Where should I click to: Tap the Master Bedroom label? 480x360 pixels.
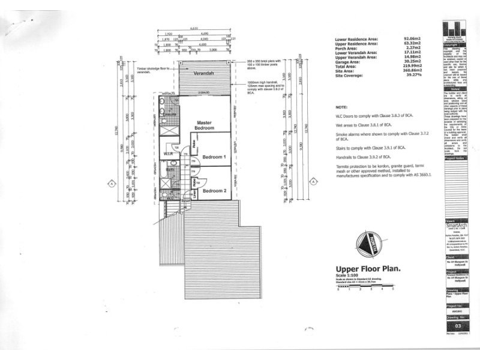[205, 125]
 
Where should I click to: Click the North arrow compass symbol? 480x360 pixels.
[365, 244]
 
